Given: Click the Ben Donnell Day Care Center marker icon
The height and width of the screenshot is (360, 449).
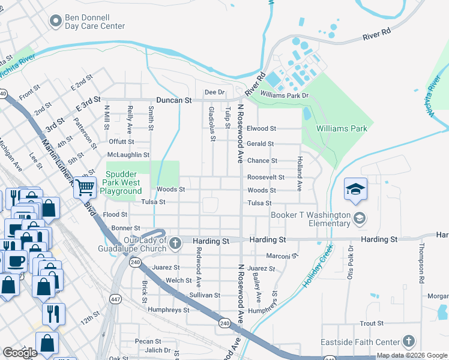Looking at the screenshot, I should point(56,22).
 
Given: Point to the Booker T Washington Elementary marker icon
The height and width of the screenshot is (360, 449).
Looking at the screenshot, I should point(360,217).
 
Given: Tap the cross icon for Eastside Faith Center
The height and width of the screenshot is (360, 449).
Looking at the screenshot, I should point(408,341).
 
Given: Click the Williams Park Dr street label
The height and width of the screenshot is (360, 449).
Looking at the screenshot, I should point(284,95).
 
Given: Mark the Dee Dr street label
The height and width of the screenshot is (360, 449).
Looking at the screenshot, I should point(214,92).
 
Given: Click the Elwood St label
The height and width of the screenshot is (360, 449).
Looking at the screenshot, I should point(261,128).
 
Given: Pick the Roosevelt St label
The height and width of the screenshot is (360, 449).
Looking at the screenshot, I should point(265,178).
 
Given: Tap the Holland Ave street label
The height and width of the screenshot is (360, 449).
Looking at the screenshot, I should point(298,174).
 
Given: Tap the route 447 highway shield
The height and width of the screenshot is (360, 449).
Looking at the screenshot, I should point(115,298).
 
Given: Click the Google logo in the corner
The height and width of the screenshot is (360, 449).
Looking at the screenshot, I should point(20,353).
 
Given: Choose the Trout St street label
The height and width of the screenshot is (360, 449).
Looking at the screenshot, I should point(372,323).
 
